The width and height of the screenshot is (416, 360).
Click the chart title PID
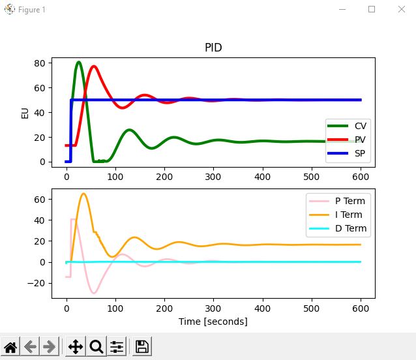pos(213,48)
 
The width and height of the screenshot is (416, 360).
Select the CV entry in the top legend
pos(360,125)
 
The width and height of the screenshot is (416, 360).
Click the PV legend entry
pos(360,140)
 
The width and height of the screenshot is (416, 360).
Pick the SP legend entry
pos(360,155)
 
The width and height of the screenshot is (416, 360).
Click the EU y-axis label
pos(25,112)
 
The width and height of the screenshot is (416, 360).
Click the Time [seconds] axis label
pos(213,322)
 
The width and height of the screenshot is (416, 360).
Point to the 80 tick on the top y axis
pos(39,63)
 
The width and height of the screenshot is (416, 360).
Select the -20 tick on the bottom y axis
pos(35,283)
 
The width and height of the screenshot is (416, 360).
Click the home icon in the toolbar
pos(10,347)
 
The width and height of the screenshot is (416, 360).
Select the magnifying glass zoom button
pos(97,347)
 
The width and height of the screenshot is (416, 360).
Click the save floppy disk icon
pos(142,347)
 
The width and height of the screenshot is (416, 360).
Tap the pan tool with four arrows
pos(76,347)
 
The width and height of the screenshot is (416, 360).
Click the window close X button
pos(400,10)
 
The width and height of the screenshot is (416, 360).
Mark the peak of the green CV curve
pos(79,62)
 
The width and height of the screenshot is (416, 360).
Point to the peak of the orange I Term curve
pos(83,194)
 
